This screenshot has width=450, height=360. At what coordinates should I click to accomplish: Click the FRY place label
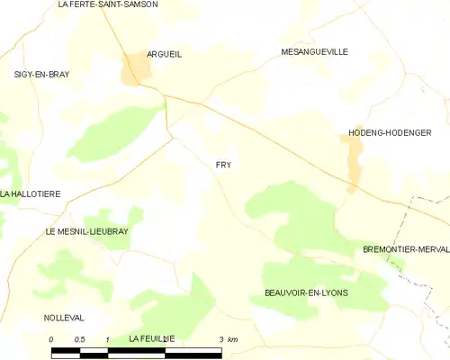222,165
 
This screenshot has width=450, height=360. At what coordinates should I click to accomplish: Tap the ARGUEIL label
164,54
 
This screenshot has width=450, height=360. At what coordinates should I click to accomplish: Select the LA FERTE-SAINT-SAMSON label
107,4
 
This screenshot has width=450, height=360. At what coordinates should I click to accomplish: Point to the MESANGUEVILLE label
313,52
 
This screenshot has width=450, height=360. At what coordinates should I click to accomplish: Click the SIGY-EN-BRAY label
41,74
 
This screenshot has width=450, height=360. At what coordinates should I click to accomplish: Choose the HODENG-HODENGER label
390,133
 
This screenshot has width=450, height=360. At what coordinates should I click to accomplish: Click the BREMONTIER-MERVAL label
405,248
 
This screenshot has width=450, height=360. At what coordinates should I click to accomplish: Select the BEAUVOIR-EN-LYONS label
306,293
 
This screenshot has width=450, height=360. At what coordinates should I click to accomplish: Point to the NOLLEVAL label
63,318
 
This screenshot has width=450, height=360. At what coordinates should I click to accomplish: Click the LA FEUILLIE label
150,338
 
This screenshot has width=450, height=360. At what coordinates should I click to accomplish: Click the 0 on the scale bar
52,339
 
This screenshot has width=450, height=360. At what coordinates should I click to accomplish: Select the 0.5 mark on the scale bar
79,339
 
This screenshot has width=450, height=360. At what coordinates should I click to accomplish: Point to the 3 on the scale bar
220,339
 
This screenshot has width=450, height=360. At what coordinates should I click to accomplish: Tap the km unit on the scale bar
232,339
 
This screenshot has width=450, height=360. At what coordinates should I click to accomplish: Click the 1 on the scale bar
107,339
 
